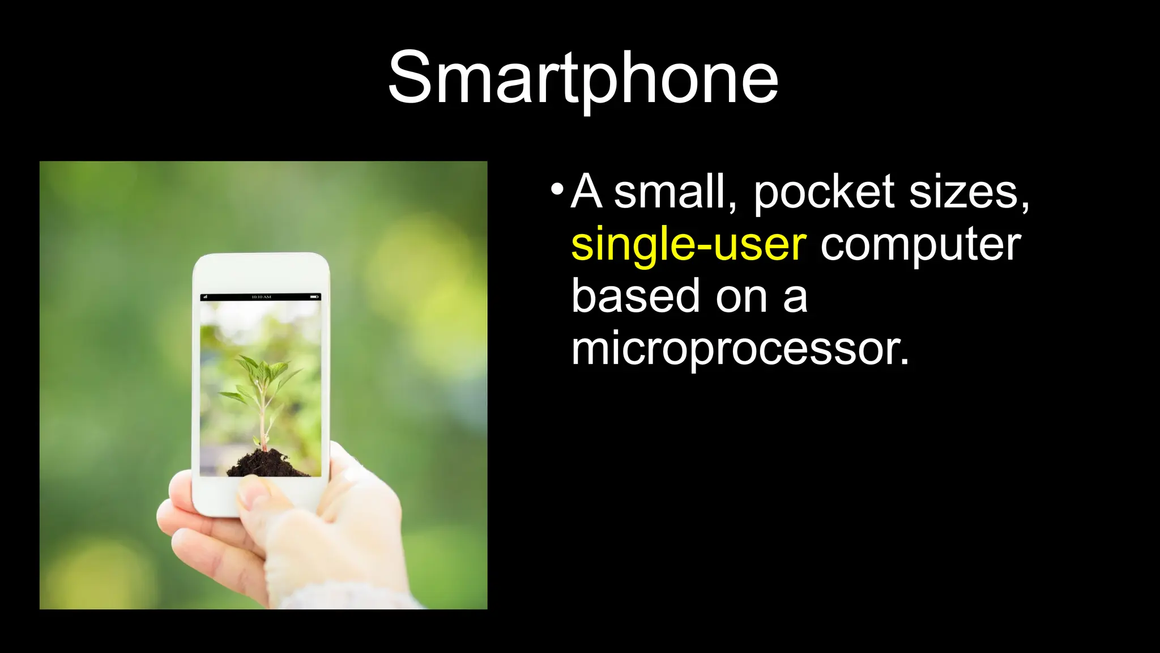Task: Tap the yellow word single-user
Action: [x=688, y=244]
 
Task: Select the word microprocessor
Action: [x=739, y=349]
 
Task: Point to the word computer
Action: [x=920, y=244]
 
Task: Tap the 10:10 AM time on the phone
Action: [x=261, y=297]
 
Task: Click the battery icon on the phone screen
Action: [x=314, y=297]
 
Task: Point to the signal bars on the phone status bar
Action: [x=205, y=297]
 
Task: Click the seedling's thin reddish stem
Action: [x=263, y=419]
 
